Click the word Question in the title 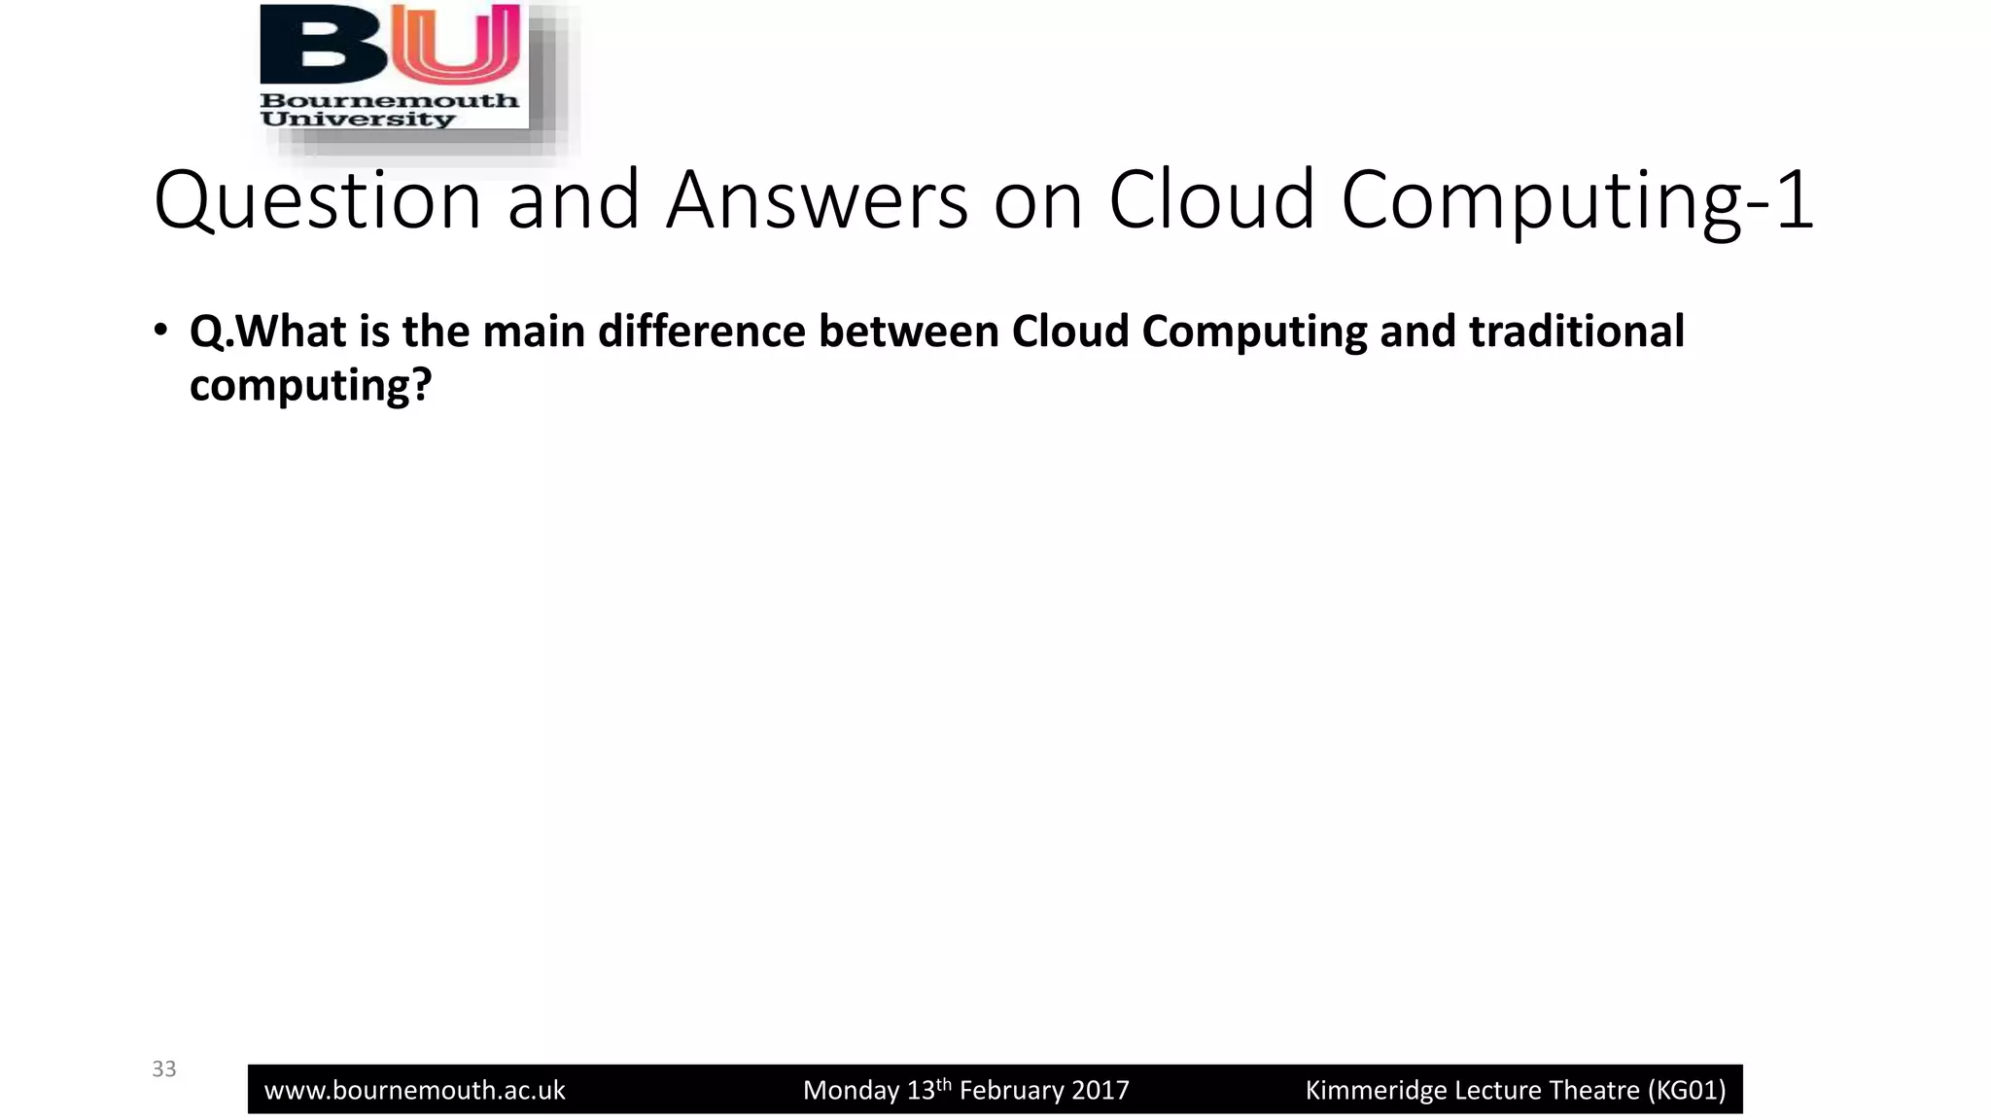pyautogui.click(x=318, y=200)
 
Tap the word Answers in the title pyautogui.click(x=817, y=200)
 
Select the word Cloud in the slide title pyautogui.click(x=1211, y=200)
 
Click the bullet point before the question pyautogui.click(x=160, y=330)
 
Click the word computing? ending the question pyautogui.click(x=310, y=386)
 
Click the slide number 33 pyautogui.click(x=164, y=1069)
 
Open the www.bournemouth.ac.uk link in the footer pyautogui.click(x=415, y=1091)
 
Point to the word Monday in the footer pyautogui.click(x=851, y=1091)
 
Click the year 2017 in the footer pyautogui.click(x=1101, y=1091)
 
